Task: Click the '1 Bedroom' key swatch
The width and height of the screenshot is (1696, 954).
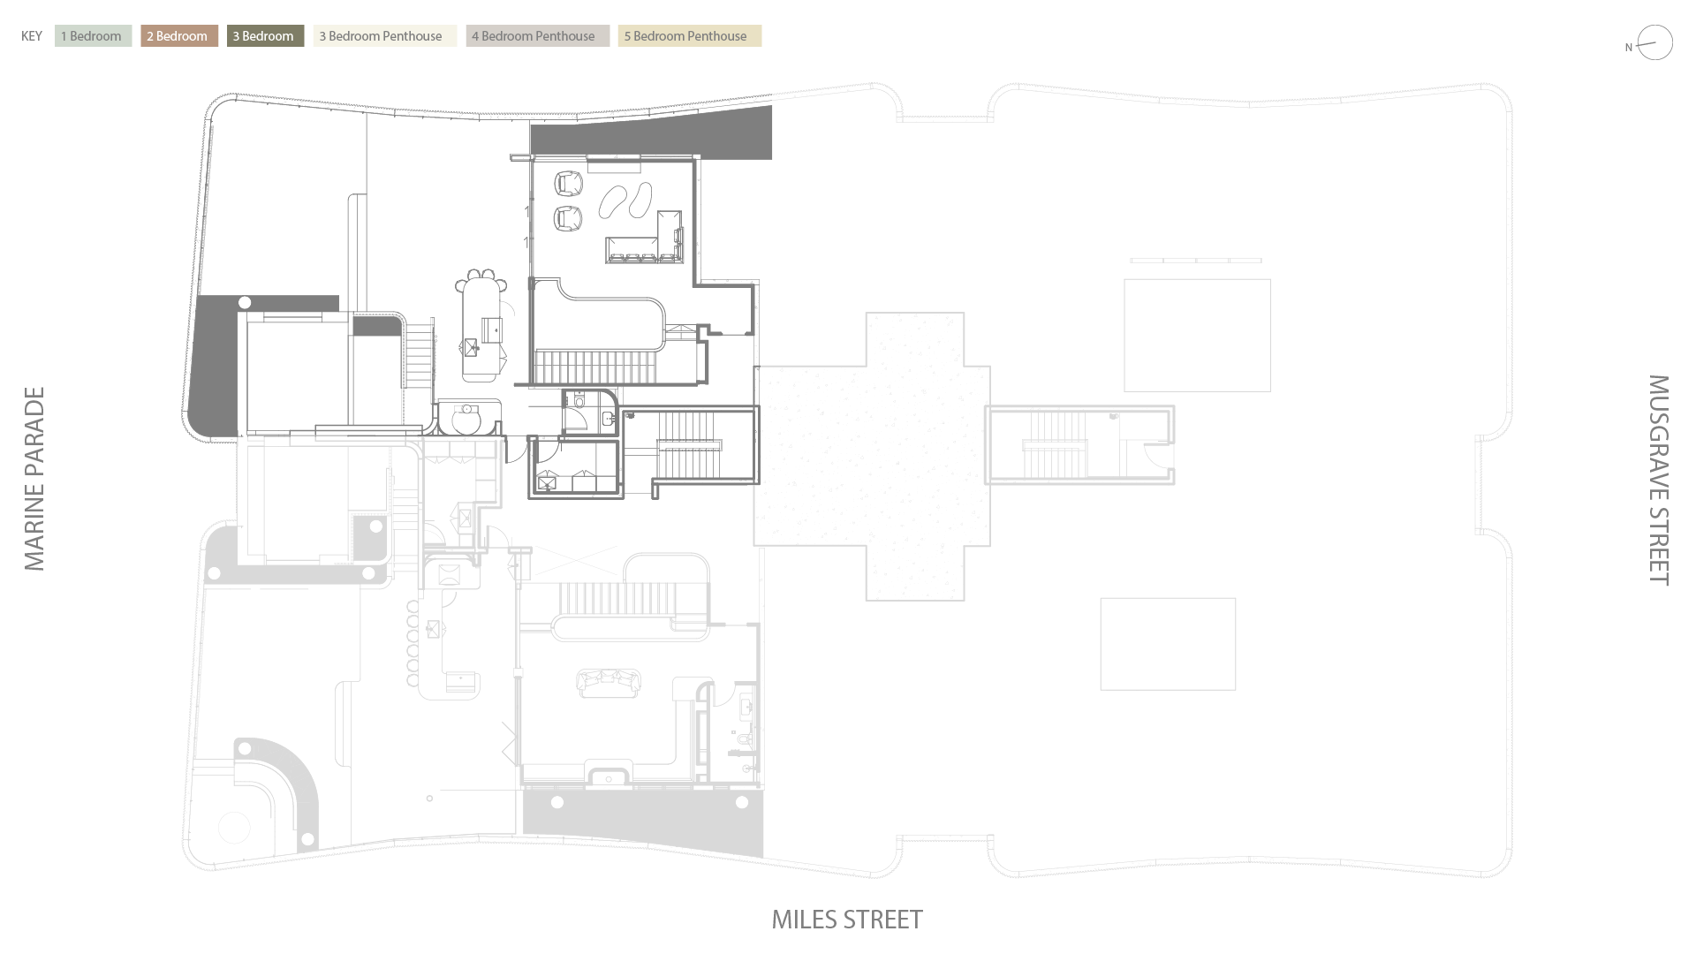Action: [x=93, y=36]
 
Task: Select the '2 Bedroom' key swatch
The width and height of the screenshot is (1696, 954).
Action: [x=178, y=36]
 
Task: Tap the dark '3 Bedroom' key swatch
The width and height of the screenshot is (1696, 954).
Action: [x=265, y=36]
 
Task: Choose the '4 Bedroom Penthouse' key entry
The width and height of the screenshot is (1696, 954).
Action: [x=537, y=36]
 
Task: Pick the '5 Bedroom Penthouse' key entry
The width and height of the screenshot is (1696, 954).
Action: [x=689, y=36]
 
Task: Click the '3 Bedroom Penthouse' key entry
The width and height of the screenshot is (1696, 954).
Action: [x=384, y=36]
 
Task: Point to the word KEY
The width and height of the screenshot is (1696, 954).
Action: [x=32, y=36]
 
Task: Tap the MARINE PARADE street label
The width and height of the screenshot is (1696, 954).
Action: [x=34, y=479]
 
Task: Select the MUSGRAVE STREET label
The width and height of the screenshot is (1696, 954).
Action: [x=1659, y=480]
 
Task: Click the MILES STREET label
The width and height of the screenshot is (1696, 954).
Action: [x=847, y=920]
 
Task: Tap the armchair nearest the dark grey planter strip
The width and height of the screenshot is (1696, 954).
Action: [x=569, y=184]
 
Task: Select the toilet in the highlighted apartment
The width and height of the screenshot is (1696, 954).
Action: [x=579, y=401]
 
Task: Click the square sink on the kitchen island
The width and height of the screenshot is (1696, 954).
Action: [x=471, y=346]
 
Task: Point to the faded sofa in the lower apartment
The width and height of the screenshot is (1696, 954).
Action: [x=608, y=682]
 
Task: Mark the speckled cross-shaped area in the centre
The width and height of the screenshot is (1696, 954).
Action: [x=871, y=456]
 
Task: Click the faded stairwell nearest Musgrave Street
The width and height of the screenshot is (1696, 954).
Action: [x=1079, y=444]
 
